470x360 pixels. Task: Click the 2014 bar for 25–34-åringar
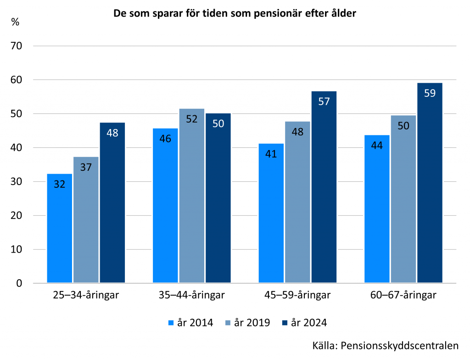pos(60,228)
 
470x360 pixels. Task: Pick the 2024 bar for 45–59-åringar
pos(324,187)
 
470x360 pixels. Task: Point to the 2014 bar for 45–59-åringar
pos(271,213)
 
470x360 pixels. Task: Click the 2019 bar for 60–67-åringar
pos(403,199)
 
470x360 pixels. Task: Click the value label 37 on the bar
pos(86,167)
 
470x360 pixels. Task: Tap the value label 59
pos(430,93)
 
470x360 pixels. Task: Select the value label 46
pos(165,138)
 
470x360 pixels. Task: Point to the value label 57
pos(324,101)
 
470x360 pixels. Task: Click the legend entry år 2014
pos(191,323)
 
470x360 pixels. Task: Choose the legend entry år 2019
pos(248,323)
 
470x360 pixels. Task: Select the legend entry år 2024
pos(305,323)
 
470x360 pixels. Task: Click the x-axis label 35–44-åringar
pos(192,295)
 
